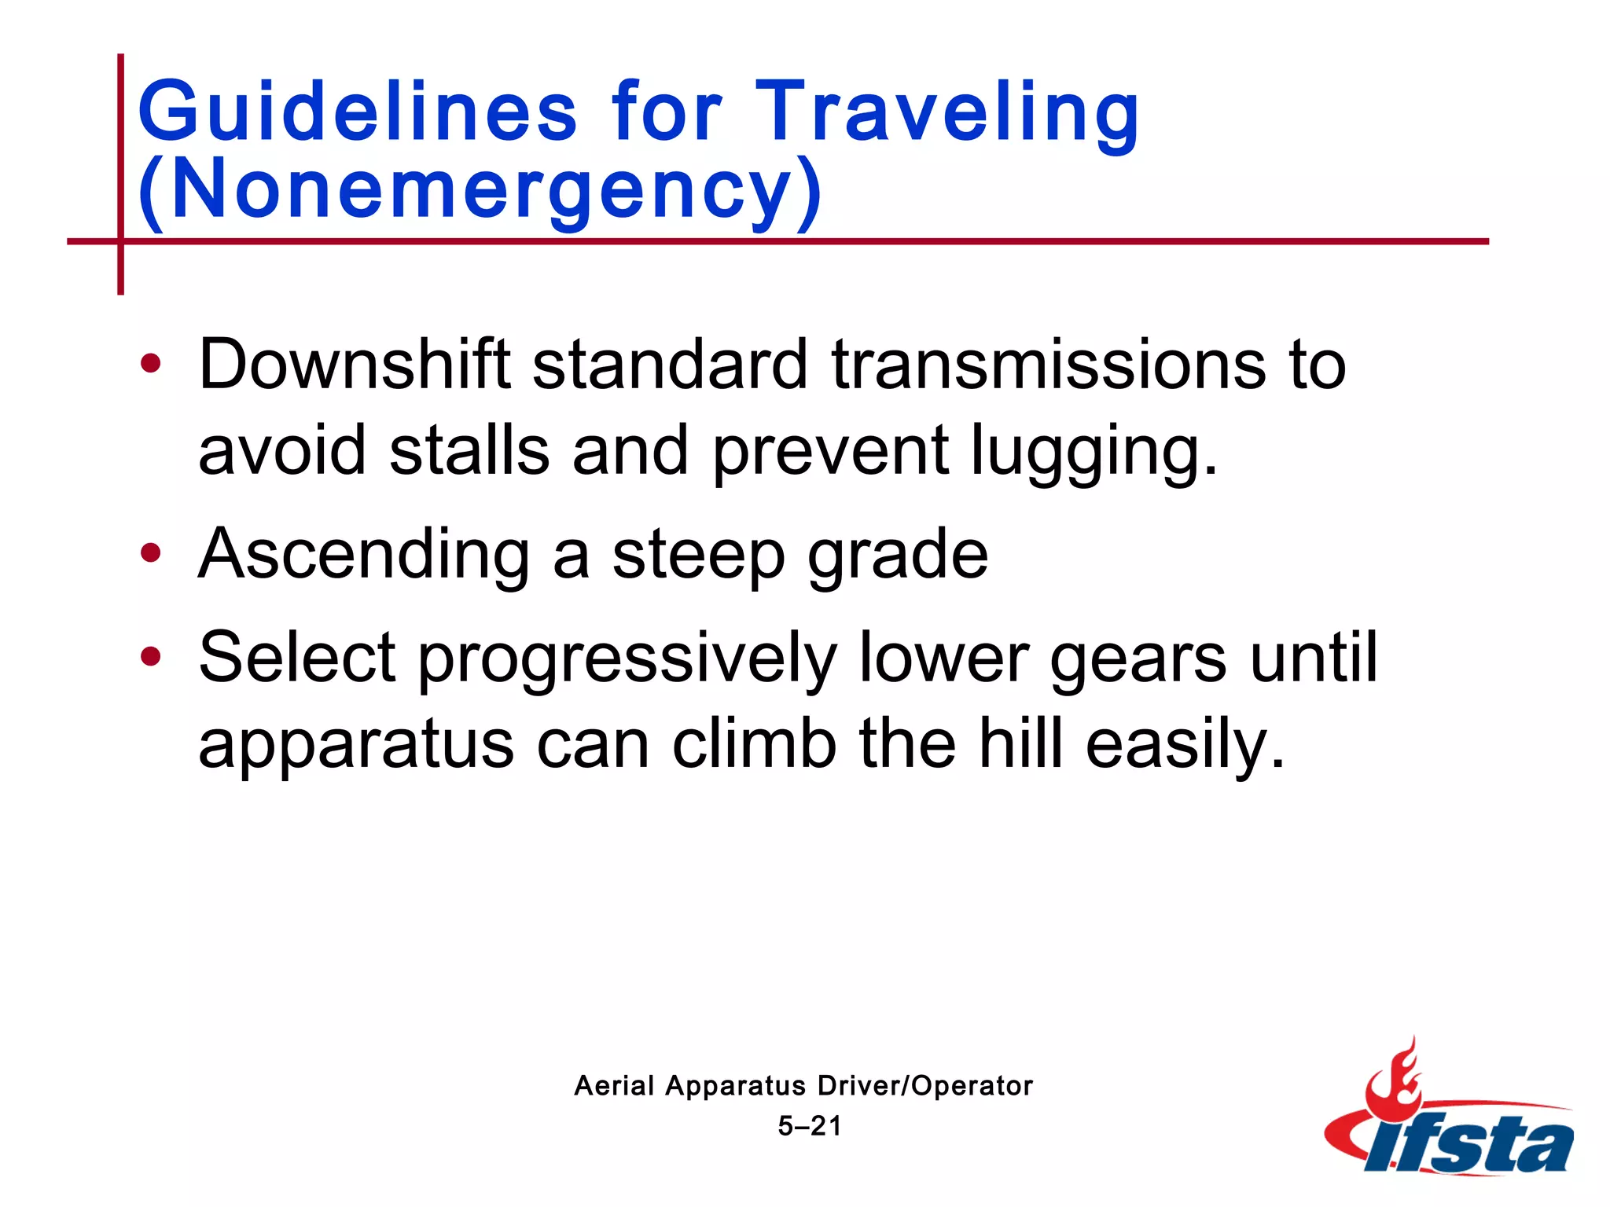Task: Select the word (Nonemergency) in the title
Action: (480, 189)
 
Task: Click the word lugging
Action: (1094, 452)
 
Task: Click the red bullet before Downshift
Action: (150, 364)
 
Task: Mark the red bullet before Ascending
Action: (150, 553)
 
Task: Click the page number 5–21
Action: (809, 1127)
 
